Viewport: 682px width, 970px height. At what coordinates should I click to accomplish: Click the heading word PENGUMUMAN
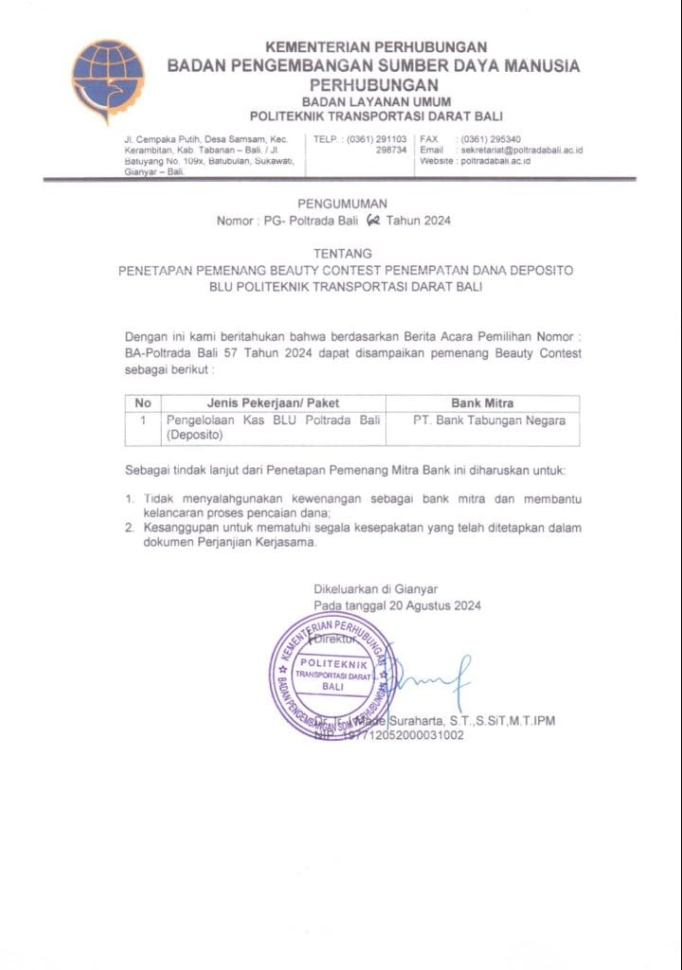(x=342, y=204)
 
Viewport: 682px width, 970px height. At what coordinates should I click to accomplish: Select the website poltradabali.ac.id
(x=508, y=161)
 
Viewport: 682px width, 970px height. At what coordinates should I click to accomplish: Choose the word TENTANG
(x=342, y=254)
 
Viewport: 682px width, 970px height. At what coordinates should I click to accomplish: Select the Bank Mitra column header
(x=483, y=403)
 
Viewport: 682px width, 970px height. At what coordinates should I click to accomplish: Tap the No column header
(x=143, y=403)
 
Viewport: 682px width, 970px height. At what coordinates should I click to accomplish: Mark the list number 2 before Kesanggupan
(x=130, y=527)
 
